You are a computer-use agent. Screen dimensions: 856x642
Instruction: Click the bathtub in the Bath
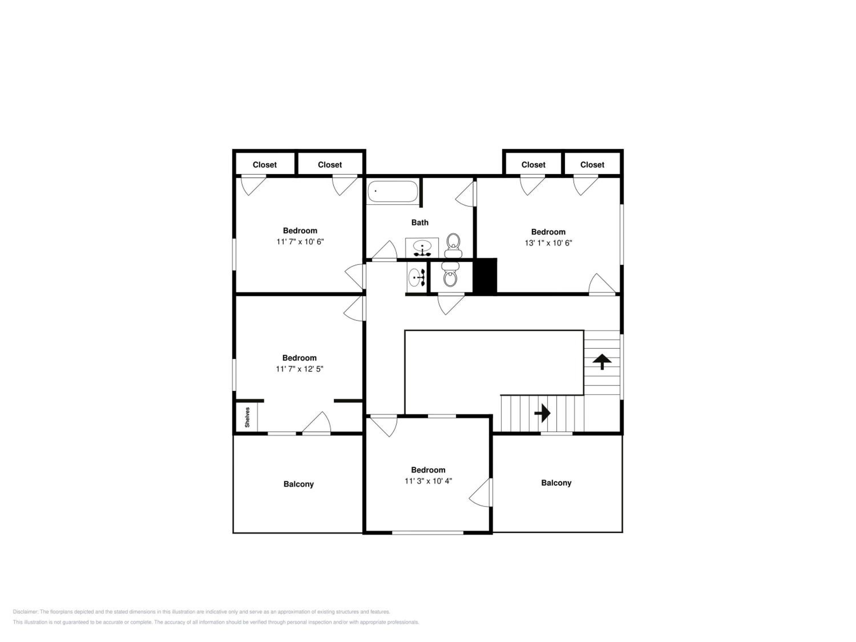(x=392, y=191)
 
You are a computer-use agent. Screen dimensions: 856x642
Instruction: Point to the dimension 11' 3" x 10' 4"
(x=428, y=481)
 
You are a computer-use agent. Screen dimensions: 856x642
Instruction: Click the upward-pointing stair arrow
(x=602, y=362)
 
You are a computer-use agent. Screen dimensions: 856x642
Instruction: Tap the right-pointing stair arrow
(x=542, y=413)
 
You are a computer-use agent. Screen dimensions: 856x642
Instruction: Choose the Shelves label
(x=247, y=417)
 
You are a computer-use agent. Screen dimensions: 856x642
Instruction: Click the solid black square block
(x=485, y=276)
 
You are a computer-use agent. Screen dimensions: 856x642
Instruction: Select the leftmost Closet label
(x=265, y=165)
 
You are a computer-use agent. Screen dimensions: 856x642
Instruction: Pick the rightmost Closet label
(x=592, y=165)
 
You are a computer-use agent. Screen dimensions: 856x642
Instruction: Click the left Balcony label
(x=298, y=484)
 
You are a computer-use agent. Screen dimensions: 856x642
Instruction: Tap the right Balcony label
(x=556, y=483)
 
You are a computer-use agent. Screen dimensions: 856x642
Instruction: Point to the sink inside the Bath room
(x=422, y=248)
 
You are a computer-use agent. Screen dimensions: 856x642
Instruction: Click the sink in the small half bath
(x=417, y=277)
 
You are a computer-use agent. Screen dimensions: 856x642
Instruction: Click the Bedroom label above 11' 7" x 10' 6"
(x=300, y=231)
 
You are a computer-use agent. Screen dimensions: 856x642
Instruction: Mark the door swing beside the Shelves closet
(x=316, y=422)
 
